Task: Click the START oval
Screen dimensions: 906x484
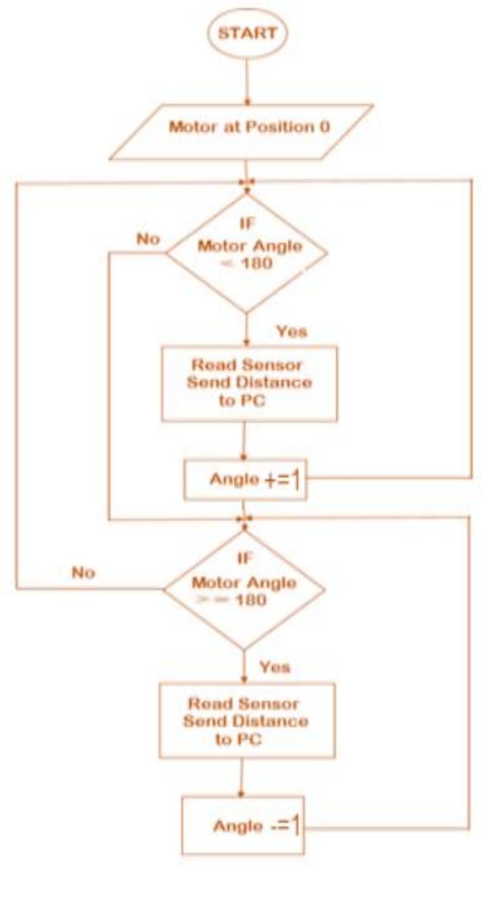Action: (x=247, y=33)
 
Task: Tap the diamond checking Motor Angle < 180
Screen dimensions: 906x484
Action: (x=247, y=253)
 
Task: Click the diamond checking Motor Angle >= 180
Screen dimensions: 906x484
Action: (x=244, y=589)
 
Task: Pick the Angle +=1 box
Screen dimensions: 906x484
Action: (x=246, y=480)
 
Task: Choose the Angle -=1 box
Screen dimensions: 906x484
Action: (x=243, y=826)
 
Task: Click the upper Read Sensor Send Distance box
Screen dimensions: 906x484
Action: (x=249, y=383)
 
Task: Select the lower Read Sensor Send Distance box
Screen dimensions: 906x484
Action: (x=247, y=721)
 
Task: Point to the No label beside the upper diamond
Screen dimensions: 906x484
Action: (x=148, y=239)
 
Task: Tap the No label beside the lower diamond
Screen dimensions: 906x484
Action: (x=83, y=573)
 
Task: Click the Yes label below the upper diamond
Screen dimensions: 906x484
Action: (x=291, y=332)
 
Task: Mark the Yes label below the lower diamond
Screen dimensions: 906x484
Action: (x=274, y=667)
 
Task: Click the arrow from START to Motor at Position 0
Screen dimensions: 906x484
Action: (x=247, y=82)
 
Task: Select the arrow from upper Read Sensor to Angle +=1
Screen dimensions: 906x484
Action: (x=244, y=441)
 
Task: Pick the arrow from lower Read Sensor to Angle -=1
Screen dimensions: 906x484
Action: (x=242, y=778)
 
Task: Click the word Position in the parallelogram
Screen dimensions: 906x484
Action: (x=280, y=127)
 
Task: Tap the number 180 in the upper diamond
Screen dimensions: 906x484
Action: (x=256, y=264)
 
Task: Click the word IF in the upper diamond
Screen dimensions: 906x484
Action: (x=247, y=223)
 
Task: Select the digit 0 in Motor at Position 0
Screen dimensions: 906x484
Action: (x=324, y=127)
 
